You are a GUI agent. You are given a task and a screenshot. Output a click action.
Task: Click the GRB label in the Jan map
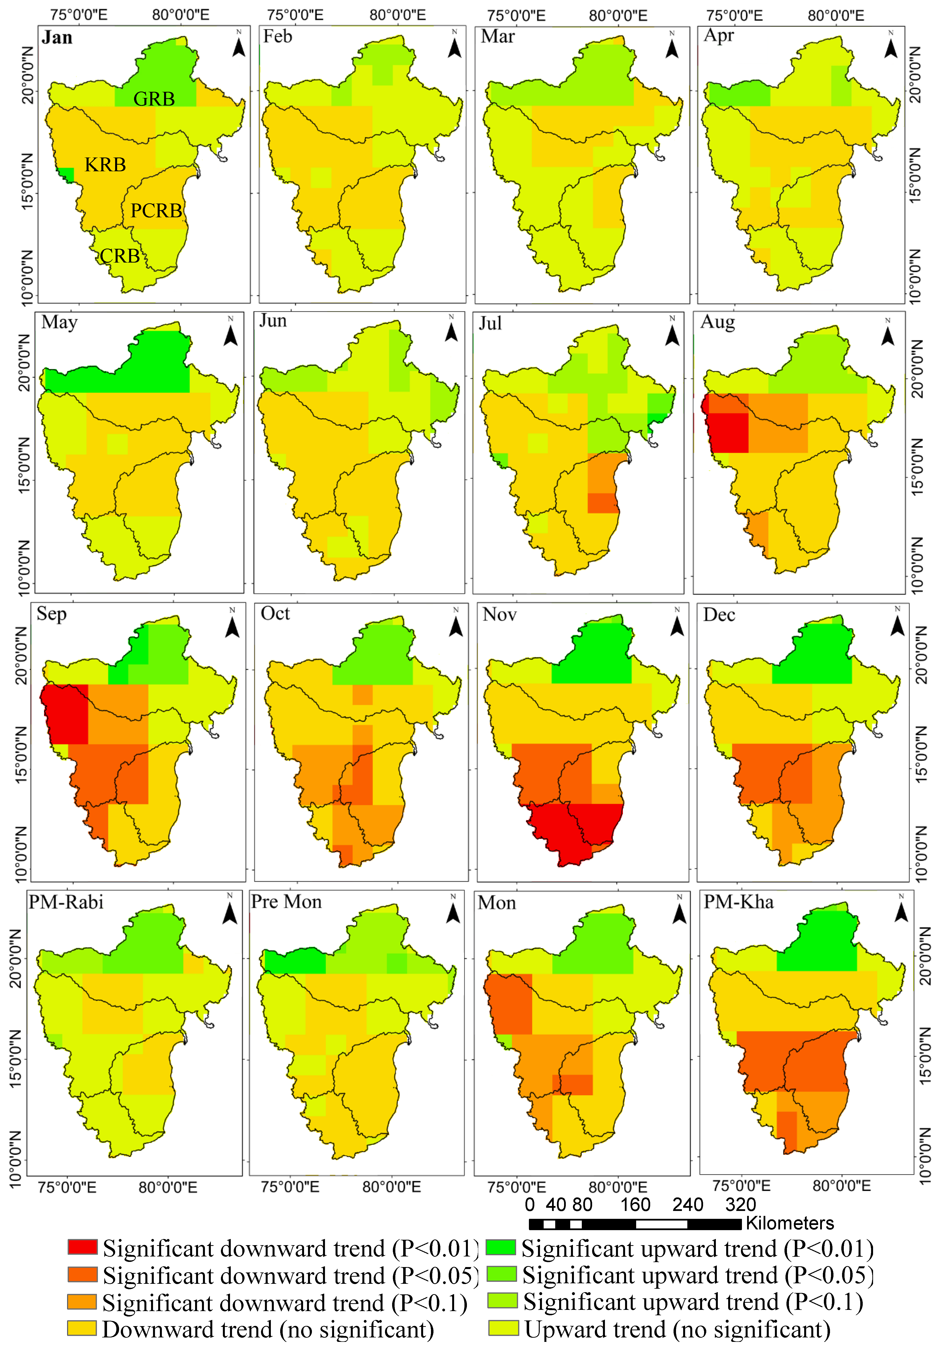coord(154,99)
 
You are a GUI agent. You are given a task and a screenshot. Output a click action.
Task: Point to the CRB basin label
coord(120,256)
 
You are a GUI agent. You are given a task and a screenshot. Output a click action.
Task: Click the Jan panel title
coord(57,38)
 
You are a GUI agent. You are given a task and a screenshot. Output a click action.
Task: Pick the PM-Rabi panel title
coord(66,902)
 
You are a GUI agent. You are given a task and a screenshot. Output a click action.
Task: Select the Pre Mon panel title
coord(286,902)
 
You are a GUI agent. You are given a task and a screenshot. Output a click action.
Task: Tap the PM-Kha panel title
coord(738,902)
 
